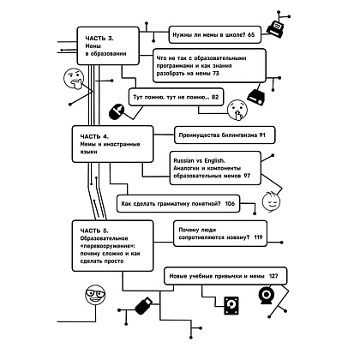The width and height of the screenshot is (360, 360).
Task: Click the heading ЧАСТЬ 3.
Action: (x=99, y=39)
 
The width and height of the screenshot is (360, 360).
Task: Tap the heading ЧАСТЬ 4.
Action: (x=94, y=136)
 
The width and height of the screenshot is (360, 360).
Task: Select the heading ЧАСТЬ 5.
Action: (x=94, y=231)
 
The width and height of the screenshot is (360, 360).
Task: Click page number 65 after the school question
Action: (x=251, y=35)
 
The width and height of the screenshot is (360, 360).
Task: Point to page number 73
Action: (x=216, y=74)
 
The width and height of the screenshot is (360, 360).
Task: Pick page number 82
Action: (x=215, y=97)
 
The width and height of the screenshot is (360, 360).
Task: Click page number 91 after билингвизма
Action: (x=262, y=135)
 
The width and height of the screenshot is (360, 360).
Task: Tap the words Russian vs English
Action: (x=199, y=160)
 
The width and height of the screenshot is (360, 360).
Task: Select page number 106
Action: (x=230, y=204)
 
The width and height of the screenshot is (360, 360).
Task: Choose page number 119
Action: (x=258, y=237)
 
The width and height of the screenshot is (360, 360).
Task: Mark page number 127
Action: (x=273, y=276)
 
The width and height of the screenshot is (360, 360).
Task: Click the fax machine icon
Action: (x=275, y=28)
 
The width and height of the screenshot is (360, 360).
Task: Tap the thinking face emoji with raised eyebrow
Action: (x=74, y=79)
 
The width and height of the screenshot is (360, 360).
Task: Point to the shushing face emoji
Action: (x=237, y=110)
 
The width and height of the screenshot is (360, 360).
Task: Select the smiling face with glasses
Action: (x=95, y=295)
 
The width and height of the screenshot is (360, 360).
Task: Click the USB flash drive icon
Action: (x=143, y=306)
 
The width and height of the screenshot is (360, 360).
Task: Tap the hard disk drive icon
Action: (x=231, y=305)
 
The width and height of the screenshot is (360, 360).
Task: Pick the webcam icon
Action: (x=267, y=295)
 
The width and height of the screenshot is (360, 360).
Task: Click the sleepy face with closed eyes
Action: (x=271, y=201)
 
